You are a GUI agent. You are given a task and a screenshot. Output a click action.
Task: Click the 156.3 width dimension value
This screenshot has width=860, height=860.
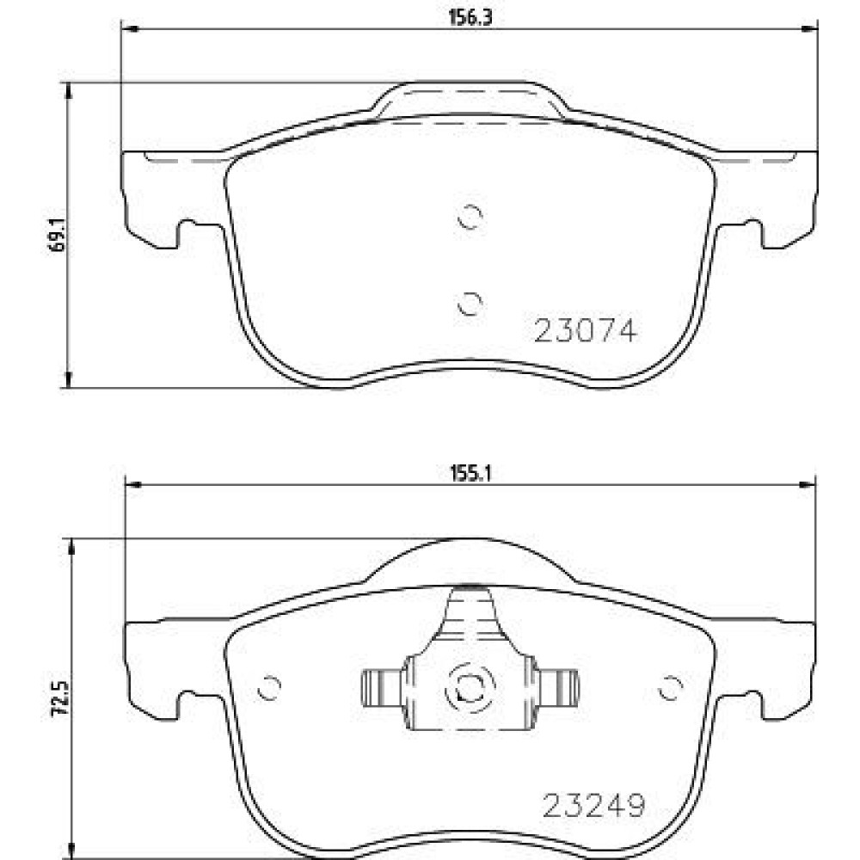coord(470,17)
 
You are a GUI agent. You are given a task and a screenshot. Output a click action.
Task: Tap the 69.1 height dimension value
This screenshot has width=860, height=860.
coord(57,234)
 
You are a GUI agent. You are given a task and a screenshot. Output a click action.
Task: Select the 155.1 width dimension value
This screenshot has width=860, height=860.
coord(470,473)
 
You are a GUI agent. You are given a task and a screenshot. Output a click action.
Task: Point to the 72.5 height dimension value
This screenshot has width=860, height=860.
coord(59,697)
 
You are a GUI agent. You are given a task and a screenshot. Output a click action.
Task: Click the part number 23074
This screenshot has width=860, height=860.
coord(585,331)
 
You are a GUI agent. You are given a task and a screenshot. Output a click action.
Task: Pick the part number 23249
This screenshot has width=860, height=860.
coord(593,806)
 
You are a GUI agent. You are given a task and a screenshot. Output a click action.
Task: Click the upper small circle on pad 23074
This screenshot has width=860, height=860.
coord(470,217)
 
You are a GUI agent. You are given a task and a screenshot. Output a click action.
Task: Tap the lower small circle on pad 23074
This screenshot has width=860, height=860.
coord(470,304)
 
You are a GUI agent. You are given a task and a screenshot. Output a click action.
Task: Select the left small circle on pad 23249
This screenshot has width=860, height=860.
coord(269,687)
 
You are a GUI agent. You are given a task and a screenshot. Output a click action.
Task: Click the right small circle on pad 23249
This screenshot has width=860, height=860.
coord(670,687)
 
